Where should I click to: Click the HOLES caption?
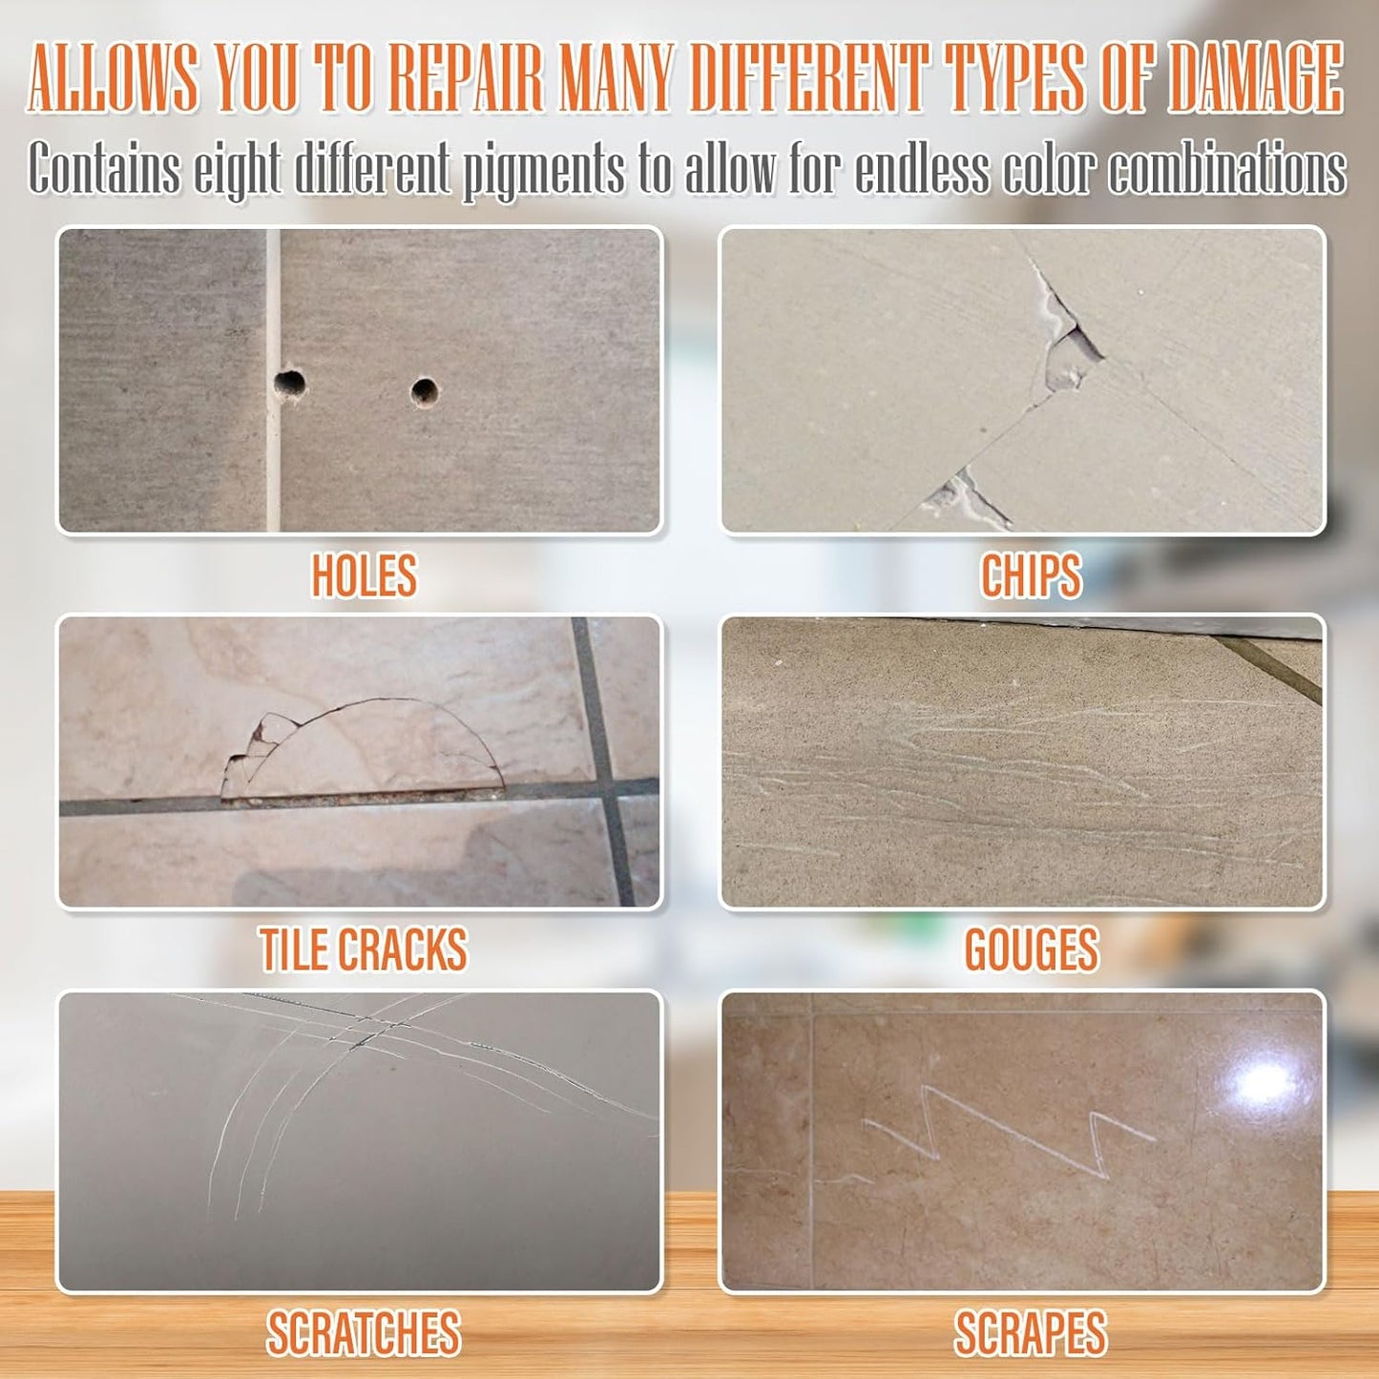[x=364, y=575]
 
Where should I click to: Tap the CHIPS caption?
[x=1031, y=575]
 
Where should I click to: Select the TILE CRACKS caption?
[x=364, y=950]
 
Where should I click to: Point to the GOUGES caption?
[x=1031, y=950]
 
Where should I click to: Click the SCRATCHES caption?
[x=364, y=1333]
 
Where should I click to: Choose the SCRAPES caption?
[x=1031, y=1333]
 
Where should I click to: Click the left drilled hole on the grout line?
[x=289, y=385]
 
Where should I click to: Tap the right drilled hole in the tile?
[x=425, y=391]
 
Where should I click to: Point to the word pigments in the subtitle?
[x=544, y=170]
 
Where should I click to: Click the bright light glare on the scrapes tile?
[x=1265, y=1084]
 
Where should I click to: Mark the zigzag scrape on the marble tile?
[x=1002, y=1131]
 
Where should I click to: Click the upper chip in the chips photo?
[x=1069, y=348]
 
